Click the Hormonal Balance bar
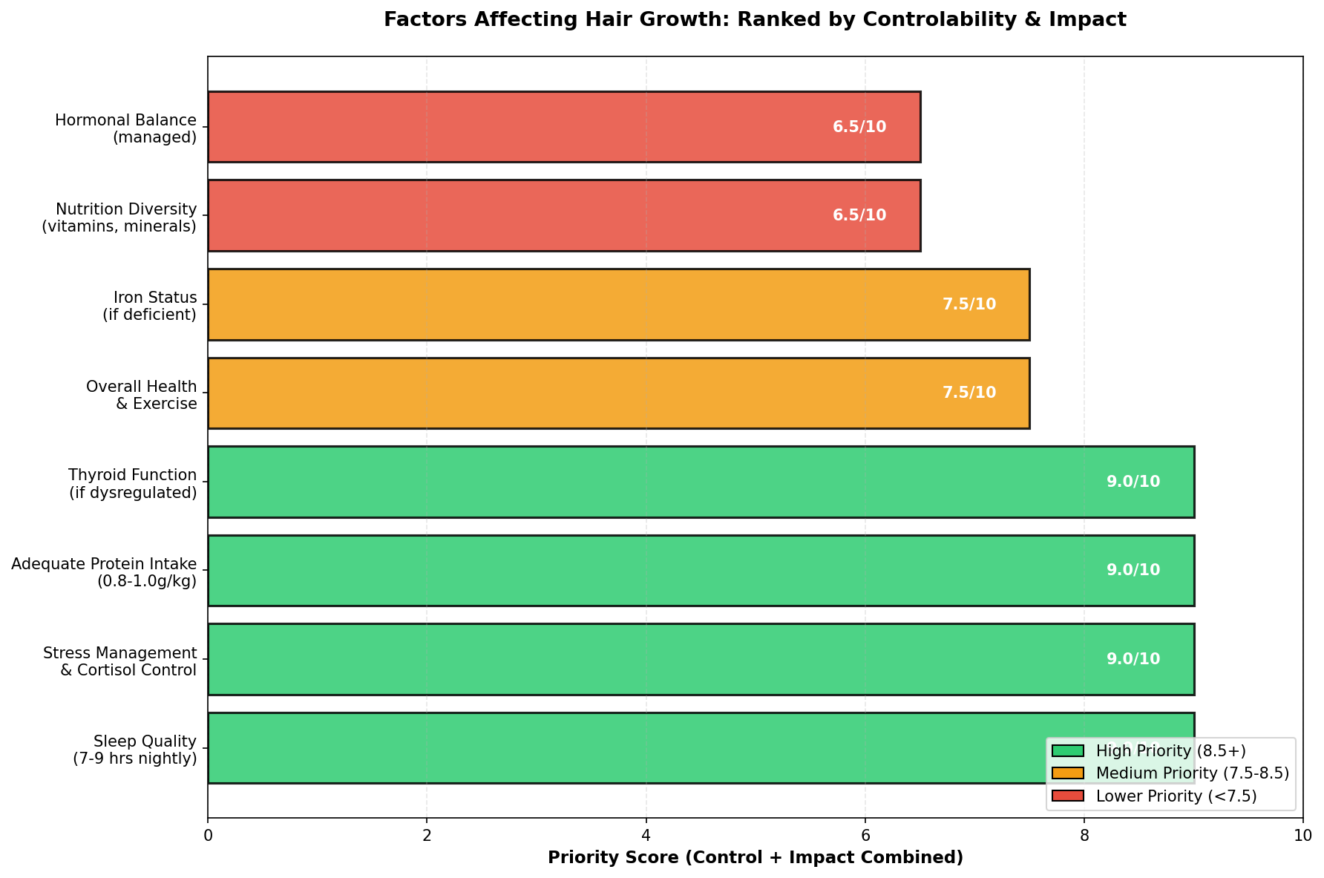click(x=564, y=127)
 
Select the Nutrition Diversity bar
click(x=564, y=215)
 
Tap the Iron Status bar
click(x=618, y=304)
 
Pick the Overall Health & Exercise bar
click(x=618, y=393)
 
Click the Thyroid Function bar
click(x=701, y=482)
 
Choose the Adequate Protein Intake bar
click(x=701, y=570)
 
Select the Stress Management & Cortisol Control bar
click(x=701, y=659)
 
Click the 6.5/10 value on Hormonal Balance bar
click(x=859, y=127)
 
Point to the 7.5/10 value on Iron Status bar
click(x=969, y=304)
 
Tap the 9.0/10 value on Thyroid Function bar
click(x=1133, y=482)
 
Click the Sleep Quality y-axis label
click(x=135, y=750)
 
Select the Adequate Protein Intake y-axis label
click(x=105, y=573)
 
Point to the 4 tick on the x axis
click(x=646, y=835)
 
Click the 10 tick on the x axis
click(x=1302, y=835)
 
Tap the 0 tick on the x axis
click(x=208, y=835)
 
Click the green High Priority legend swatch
click(x=1068, y=751)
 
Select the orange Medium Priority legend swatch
click(x=1068, y=773)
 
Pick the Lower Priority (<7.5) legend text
click(x=1176, y=796)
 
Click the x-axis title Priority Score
click(x=756, y=858)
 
